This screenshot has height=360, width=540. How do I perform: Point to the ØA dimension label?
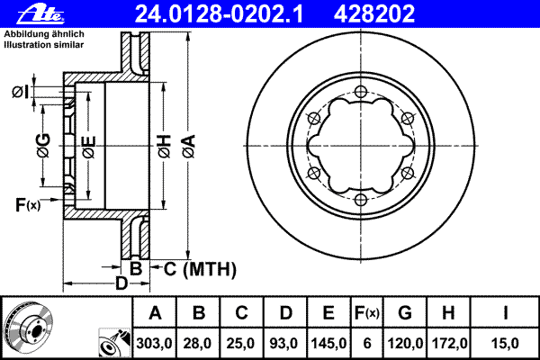tap(187, 144)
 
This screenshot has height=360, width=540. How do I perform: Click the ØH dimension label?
tap(164, 144)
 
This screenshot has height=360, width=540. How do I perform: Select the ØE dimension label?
tap(88, 144)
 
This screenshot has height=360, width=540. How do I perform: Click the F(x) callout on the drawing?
tap(28, 205)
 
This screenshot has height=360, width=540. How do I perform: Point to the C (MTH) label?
tap(197, 268)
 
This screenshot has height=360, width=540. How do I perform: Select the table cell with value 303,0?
tap(154, 343)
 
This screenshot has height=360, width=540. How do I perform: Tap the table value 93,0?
tap(285, 343)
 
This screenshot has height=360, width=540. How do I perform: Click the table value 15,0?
tap(508, 343)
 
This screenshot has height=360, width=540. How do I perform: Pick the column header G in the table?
tap(405, 313)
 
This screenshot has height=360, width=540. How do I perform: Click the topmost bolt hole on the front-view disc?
tap(359, 91)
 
